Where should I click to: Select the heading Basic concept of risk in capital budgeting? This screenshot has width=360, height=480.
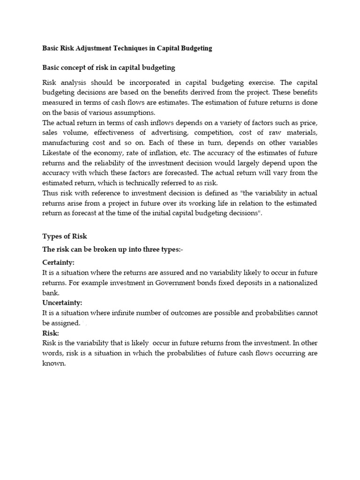109,67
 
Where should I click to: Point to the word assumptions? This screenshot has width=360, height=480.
132,112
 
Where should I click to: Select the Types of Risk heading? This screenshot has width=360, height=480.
65,236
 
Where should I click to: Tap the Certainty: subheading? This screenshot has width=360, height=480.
59,262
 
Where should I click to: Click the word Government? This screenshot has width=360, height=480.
178,283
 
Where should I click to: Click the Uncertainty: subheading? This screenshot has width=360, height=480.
62,303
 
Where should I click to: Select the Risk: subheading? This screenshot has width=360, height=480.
51,333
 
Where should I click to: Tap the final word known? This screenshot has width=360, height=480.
54,363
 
